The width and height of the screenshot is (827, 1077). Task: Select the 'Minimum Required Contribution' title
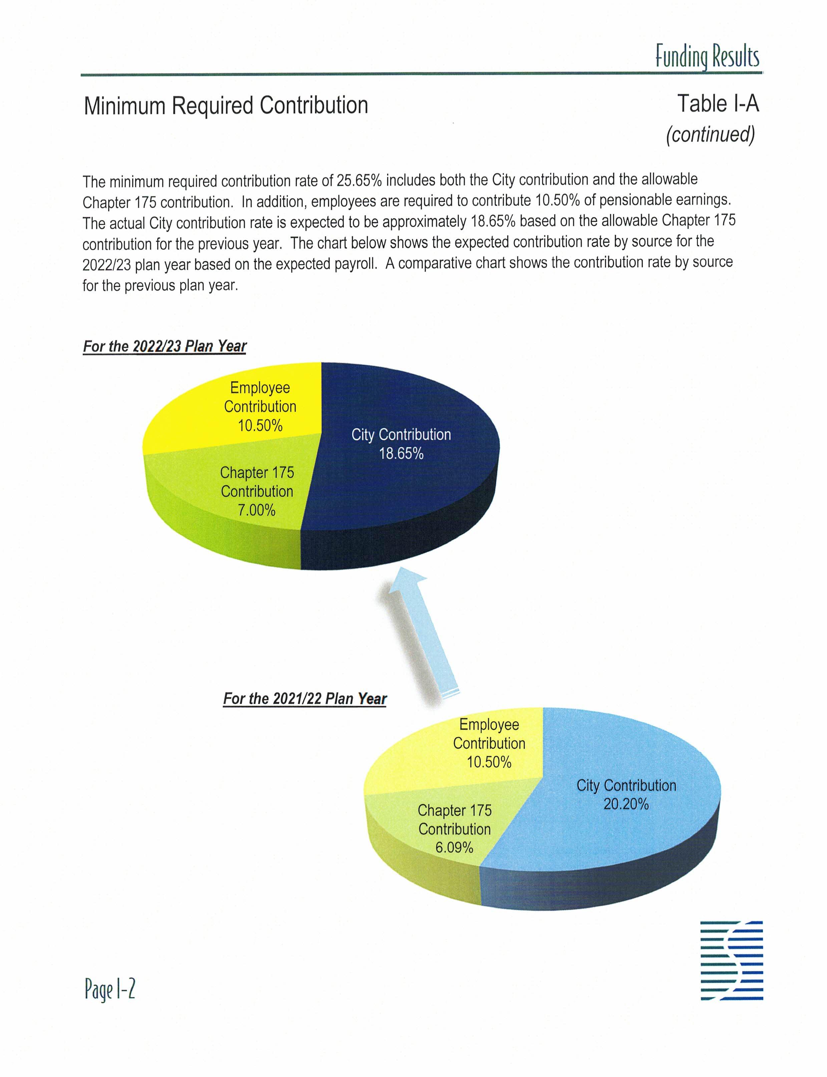226,105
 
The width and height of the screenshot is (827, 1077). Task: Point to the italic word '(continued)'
710,134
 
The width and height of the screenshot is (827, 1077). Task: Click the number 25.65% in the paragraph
359,181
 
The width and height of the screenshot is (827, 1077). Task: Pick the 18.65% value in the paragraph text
493,222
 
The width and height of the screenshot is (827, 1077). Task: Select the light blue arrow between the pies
423,635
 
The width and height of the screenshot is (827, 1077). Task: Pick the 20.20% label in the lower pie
626,804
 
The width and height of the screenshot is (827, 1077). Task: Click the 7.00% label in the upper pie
257,510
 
